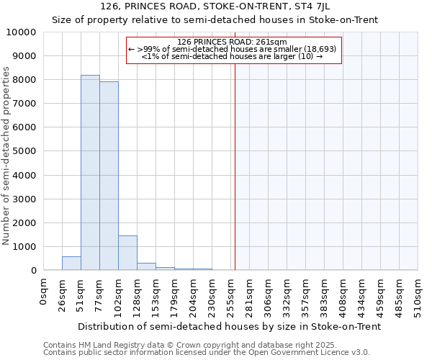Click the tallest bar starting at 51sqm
tap(90, 173)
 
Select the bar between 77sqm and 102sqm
tap(109, 176)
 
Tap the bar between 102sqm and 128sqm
tap(127, 253)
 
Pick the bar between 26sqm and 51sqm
tap(71, 264)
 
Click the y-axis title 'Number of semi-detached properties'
tap(6, 156)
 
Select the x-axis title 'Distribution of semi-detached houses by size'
tap(229, 326)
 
